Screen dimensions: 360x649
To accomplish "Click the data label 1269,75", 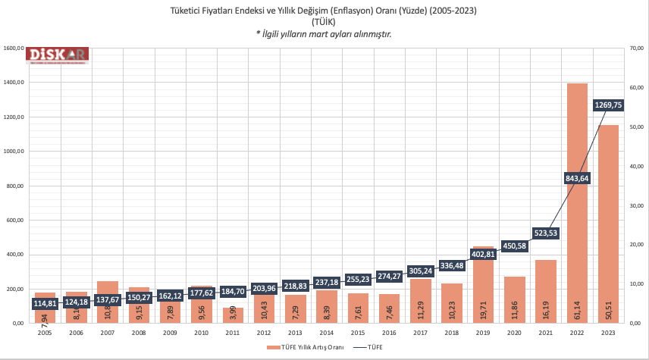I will [609, 105].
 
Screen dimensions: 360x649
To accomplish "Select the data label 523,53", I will [546, 233].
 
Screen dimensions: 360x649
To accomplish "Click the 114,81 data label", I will [45, 303].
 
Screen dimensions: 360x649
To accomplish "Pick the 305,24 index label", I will [420, 271].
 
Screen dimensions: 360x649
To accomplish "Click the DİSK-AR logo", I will [58, 55].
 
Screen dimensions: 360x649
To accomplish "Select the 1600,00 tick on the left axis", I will [14, 49].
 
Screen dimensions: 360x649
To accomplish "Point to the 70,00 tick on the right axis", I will [635, 49].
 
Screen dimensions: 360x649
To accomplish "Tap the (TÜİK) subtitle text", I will [324, 22].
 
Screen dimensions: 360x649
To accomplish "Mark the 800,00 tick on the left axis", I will [15, 186].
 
